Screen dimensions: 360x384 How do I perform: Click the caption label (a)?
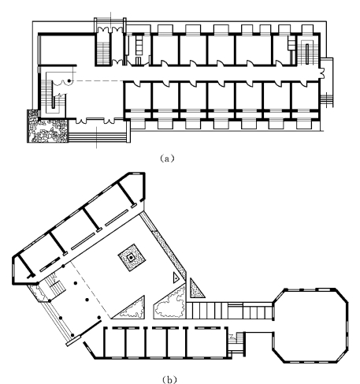[167, 158]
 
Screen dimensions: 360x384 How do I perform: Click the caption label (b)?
[169, 380]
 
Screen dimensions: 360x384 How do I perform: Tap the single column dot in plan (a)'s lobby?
[69, 81]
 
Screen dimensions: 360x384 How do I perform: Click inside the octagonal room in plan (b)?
[311, 326]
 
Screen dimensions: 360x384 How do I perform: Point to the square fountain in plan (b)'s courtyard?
[132, 258]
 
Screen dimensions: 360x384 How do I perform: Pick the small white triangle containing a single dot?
[176, 278]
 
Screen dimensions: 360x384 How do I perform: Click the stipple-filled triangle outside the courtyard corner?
[196, 289]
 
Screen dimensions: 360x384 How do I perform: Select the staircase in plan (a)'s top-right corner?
[307, 52]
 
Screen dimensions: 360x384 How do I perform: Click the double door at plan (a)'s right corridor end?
[321, 73]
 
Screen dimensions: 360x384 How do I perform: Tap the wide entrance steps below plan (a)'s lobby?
[98, 137]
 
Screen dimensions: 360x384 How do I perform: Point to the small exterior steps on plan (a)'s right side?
[327, 100]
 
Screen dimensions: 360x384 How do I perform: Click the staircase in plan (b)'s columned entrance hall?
[56, 287]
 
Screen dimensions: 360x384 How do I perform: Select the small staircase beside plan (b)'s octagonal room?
[236, 341]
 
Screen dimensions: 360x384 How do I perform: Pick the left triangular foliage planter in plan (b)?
[131, 309]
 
